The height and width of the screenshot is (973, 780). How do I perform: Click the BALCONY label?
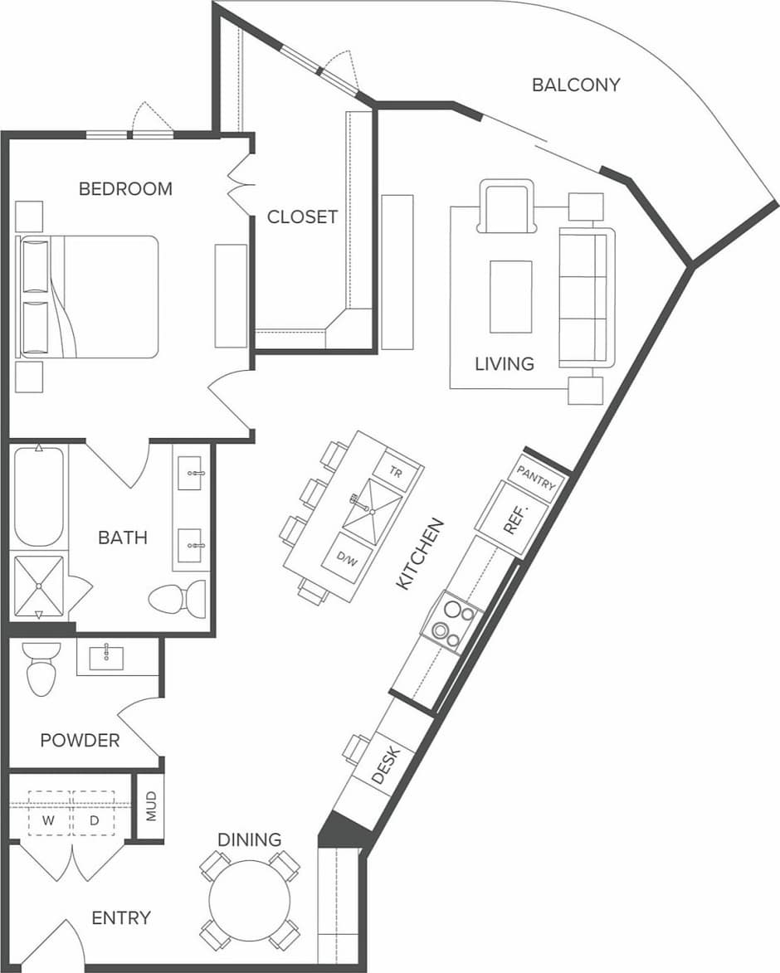[576, 85]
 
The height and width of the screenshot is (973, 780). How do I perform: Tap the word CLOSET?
[302, 217]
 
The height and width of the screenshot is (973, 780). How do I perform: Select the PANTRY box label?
[535, 479]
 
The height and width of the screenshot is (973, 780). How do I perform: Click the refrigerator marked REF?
[512, 519]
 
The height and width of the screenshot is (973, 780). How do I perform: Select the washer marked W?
[49, 820]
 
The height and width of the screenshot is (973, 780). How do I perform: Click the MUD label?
[150, 807]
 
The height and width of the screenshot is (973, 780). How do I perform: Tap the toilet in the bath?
[178, 598]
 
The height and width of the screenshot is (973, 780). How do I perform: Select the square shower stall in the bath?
[38, 586]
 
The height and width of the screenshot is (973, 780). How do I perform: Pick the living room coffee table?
[510, 296]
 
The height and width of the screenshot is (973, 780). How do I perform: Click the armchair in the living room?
[505, 208]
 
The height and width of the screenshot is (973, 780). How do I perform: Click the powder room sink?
[106, 656]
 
